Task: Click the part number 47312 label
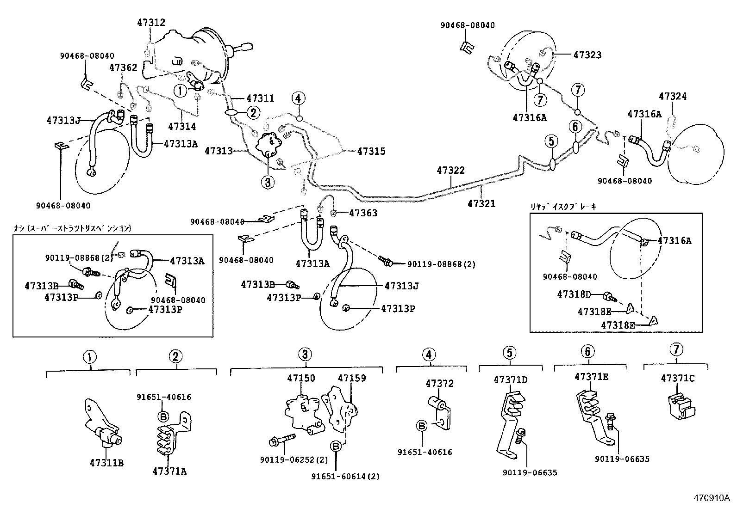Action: pyautogui.click(x=151, y=23)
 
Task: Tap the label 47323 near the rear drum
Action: pyautogui.click(x=587, y=55)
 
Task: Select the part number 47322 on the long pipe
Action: pyautogui.click(x=450, y=171)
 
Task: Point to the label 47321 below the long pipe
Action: pyautogui.click(x=481, y=203)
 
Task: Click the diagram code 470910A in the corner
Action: pyautogui.click(x=711, y=498)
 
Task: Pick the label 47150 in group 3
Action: pyautogui.click(x=301, y=378)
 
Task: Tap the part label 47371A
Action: pyautogui.click(x=169, y=471)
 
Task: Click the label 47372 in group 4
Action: pyautogui.click(x=439, y=384)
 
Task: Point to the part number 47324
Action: pyautogui.click(x=673, y=97)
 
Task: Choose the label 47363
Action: pyautogui.click(x=363, y=213)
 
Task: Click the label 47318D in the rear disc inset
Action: pyautogui.click(x=574, y=294)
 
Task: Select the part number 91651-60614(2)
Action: pyautogui.click(x=345, y=477)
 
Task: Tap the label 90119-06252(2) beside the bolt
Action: pyautogui.click(x=294, y=460)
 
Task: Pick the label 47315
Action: pyautogui.click(x=371, y=151)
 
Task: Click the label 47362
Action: pyautogui.click(x=123, y=68)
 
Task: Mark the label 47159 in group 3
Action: pyautogui.click(x=351, y=378)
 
